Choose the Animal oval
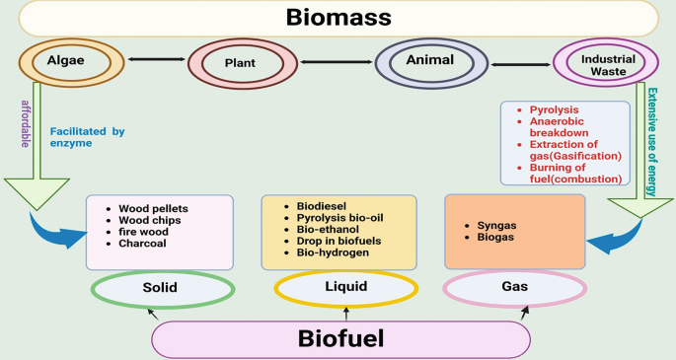[428, 62]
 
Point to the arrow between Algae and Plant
[154, 62]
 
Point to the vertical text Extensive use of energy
[652, 138]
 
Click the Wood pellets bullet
[153, 208]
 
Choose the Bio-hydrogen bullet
[332, 252]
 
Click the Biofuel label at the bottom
[340, 338]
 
